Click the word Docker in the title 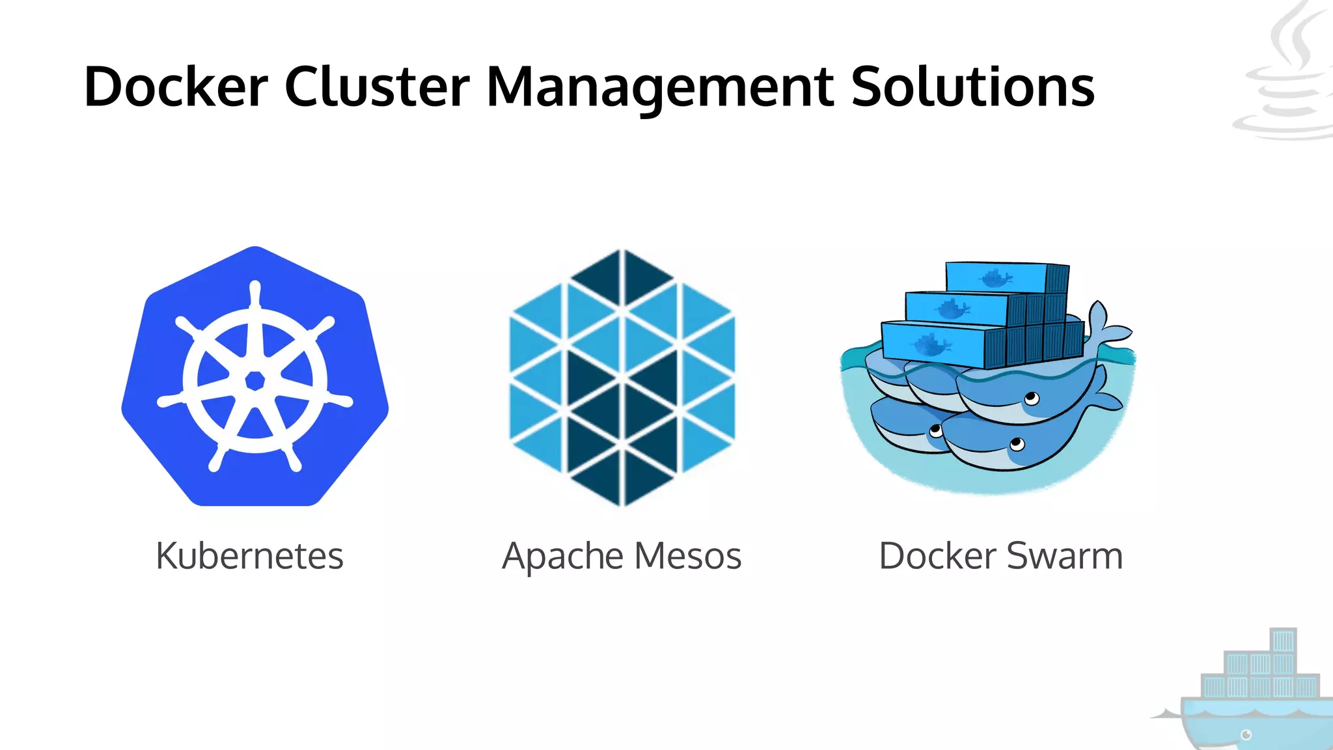coord(176,87)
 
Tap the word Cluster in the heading coord(377,87)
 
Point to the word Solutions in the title coord(972,87)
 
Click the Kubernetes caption coord(249,556)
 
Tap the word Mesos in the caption coord(688,556)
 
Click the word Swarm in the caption coord(1065,556)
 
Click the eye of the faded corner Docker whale coord(1246,735)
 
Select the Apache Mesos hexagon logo coord(622,377)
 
